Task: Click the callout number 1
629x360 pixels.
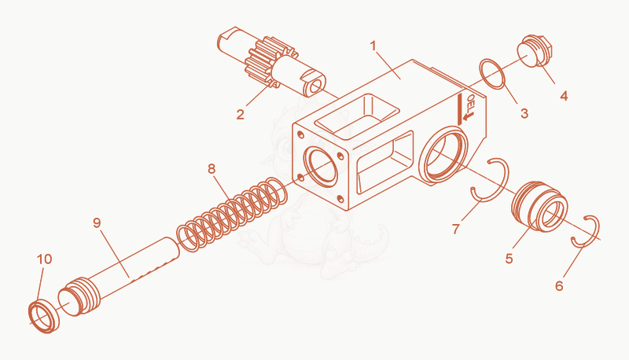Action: (x=373, y=46)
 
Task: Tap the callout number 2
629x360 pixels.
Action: (x=241, y=114)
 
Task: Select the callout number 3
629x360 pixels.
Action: (x=524, y=113)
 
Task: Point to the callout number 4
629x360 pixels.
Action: (x=564, y=96)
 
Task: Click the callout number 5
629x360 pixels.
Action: (x=509, y=259)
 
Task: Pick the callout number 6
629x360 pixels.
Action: (x=559, y=286)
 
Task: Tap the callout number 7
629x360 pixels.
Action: (x=456, y=229)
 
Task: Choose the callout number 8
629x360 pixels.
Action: (x=212, y=169)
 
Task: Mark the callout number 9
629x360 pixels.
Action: (x=97, y=222)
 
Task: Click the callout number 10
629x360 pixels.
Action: (x=45, y=259)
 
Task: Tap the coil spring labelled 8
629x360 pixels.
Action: (x=232, y=215)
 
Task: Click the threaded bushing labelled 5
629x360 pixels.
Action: (x=539, y=207)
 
